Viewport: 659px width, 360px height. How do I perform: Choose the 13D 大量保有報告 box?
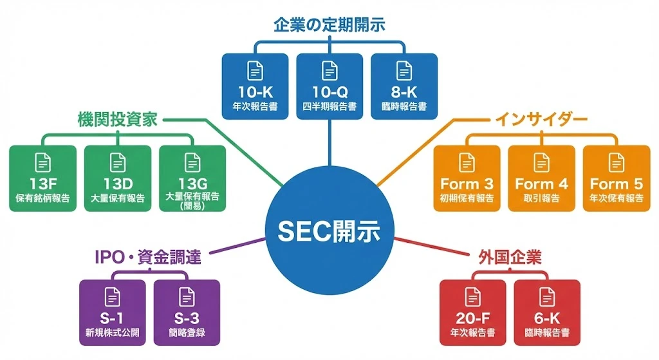point(118,178)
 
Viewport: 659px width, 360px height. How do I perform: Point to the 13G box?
point(192,178)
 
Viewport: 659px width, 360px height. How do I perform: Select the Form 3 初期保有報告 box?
point(467,178)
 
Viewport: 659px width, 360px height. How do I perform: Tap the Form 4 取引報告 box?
point(541,178)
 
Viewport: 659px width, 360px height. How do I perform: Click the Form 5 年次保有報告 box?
point(616,178)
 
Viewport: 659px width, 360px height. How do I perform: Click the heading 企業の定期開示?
point(329,26)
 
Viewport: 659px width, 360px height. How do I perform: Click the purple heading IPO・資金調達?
point(148,258)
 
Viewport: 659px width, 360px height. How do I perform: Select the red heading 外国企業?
point(510,258)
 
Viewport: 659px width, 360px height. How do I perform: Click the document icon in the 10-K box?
point(255,71)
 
